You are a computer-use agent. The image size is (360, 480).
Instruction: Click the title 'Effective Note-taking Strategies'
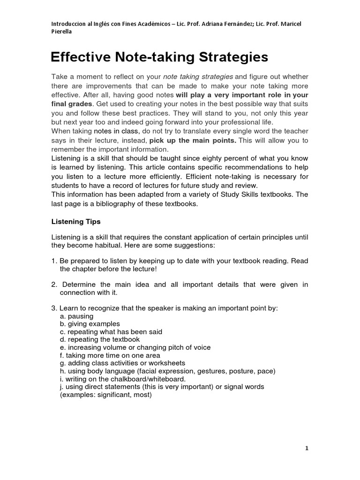159,57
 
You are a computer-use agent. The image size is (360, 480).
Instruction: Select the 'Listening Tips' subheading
75,221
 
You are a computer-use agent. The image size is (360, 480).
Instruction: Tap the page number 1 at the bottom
307,449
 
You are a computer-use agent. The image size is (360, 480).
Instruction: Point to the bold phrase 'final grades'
72,104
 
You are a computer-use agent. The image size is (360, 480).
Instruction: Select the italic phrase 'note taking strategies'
198,76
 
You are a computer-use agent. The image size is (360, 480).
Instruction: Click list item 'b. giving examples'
90,324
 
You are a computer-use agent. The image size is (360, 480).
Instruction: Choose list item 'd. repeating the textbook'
99,339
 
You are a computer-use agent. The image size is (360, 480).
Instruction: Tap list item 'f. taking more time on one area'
110,355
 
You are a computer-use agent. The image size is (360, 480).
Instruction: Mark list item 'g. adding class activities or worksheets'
122,363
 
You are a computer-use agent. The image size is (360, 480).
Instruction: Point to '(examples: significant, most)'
105,395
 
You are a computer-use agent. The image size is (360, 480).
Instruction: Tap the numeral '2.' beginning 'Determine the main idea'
54,285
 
